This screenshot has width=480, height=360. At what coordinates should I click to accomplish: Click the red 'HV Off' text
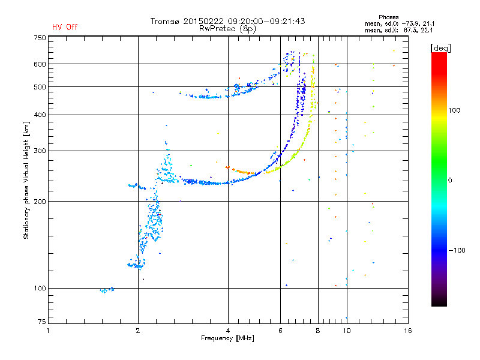[x=64, y=27]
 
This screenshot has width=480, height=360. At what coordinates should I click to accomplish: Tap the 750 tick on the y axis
[x=40, y=37]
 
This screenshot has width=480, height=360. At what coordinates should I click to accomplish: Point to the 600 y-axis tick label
[x=40, y=64]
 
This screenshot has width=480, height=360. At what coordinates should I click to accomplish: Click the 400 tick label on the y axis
[x=40, y=115]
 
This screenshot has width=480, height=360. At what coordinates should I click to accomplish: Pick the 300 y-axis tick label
[x=40, y=151]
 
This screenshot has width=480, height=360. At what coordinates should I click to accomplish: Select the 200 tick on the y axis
[x=40, y=202]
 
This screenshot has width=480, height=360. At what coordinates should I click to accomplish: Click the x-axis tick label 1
[x=48, y=331]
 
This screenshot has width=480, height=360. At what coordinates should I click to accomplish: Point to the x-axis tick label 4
[x=228, y=331]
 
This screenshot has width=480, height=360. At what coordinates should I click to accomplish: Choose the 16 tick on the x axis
[x=407, y=331]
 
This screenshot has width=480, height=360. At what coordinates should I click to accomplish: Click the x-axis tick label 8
[x=318, y=331]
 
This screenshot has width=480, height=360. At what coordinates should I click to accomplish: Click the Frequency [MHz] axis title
[x=227, y=338]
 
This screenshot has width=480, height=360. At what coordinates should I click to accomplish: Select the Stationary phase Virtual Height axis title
[x=26, y=180]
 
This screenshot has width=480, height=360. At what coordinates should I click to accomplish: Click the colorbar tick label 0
[x=449, y=180]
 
